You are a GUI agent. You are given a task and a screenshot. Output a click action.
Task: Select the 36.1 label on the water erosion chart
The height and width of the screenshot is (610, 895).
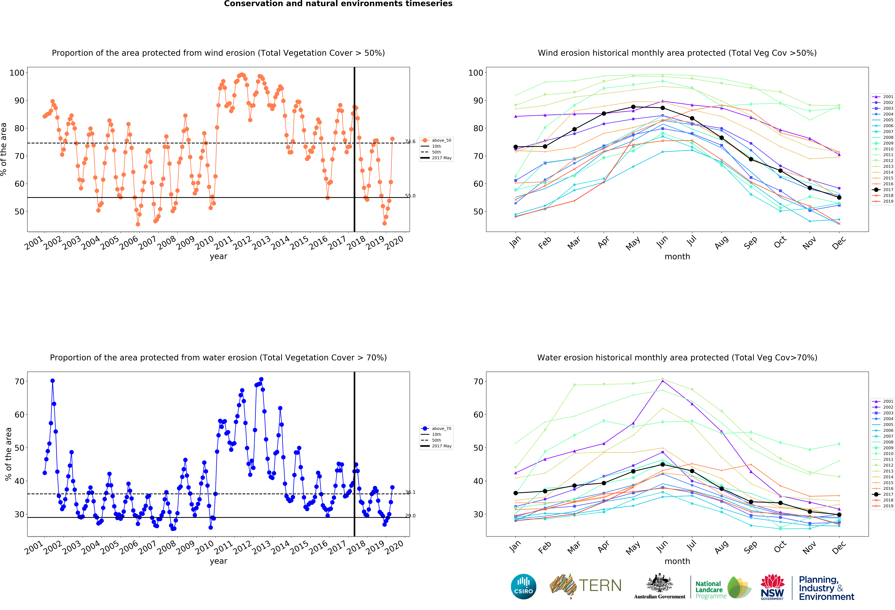pos(410,492)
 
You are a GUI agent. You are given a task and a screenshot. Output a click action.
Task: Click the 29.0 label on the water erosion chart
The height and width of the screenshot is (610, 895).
pos(410,516)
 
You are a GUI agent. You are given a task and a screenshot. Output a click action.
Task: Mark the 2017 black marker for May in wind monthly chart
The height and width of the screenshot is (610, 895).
pos(633,107)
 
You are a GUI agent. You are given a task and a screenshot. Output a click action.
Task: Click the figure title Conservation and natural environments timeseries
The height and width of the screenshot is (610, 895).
pos(338,4)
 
